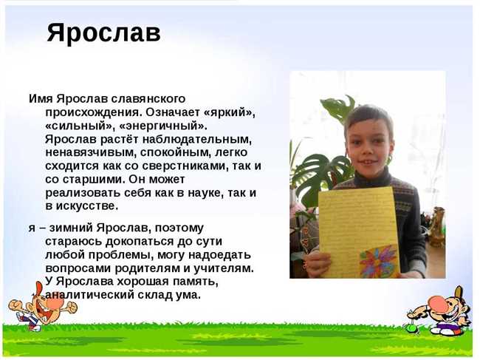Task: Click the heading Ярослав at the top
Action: click(104, 33)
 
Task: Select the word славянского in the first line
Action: click(148, 99)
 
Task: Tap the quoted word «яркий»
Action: click(229, 112)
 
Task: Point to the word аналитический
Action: click(89, 295)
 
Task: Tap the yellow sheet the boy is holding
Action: click(358, 232)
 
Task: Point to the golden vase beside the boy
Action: click(437, 227)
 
